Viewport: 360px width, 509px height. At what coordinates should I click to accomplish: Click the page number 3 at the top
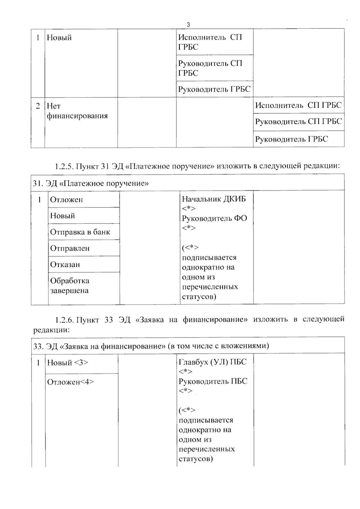pyautogui.click(x=188, y=25)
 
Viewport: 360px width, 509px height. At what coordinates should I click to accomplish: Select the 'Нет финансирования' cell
pyautogui.click(x=77, y=111)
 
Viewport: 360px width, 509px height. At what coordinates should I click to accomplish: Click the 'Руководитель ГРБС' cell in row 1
pyautogui.click(x=214, y=89)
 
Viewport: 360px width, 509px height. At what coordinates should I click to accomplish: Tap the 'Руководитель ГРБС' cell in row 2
pyautogui.click(x=291, y=139)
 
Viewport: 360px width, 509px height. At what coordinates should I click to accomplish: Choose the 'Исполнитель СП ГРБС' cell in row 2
pyautogui.click(x=298, y=105)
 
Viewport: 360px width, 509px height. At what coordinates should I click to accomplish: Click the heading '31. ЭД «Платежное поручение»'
pyautogui.click(x=91, y=183)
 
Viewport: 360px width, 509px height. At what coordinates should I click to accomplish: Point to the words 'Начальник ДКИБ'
pyautogui.click(x=214, y=199)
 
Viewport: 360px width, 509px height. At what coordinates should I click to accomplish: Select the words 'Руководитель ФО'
pyautogui.click(x=214, y=218)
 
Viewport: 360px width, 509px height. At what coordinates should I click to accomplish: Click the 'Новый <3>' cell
pyautogui.click(x=67, y=363)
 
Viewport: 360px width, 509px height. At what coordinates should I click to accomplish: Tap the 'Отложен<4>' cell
pyautogui.click(x=70, y=382)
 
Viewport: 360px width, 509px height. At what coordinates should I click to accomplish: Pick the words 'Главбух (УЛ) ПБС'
pyautogui.click(x=212, y=362)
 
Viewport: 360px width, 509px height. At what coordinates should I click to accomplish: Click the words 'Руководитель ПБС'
pyautogui.click(x=213, y=381)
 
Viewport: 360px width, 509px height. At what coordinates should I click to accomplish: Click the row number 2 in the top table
pyautogui.click(x=38, y=106)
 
